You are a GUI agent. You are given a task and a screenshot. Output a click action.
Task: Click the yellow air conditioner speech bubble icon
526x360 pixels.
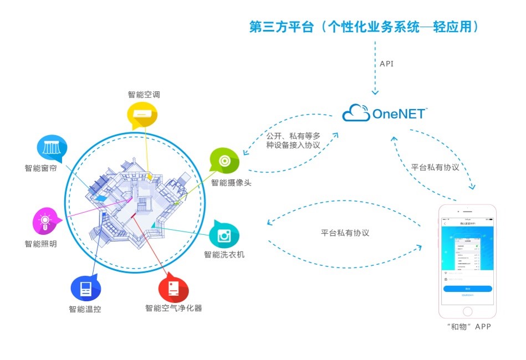point(142,114)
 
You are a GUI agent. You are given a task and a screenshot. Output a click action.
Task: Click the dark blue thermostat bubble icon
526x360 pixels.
point(85,288)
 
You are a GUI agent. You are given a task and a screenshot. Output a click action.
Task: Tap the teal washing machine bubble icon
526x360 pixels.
point(224,235)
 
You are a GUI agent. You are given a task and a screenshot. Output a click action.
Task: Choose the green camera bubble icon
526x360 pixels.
point(224,161)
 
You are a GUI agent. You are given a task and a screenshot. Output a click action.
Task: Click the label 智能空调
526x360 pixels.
point(144,94)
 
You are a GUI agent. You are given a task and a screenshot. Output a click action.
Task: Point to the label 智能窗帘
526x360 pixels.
point(40,168)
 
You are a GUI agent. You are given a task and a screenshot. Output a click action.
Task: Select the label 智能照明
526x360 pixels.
point(40,244)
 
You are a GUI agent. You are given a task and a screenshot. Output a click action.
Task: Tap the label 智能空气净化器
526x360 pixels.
point(173,308)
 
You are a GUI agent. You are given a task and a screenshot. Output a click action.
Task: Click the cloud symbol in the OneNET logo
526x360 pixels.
point(356,114)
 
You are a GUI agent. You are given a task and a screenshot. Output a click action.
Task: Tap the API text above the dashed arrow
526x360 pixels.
point(387,64)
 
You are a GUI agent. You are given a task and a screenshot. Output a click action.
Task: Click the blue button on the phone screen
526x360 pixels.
point(467,289)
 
